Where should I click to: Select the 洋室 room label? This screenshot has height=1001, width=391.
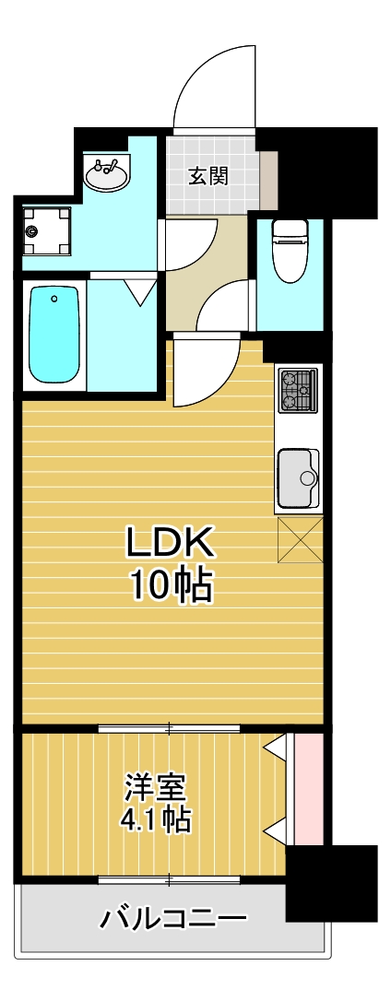pyautogui.click(x=156, y=788)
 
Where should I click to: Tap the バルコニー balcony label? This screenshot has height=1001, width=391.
pyautogui.click(x=172, y=918)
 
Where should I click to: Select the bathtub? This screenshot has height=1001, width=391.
pyautogui.click(x=54, y=334)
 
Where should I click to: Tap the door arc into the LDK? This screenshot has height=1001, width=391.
pyautogui.click(x=201, y=369)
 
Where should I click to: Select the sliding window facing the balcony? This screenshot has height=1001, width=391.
pyautogui.click(x=170, y=879)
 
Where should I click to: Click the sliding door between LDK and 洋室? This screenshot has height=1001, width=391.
pyautogui.click(x=170, y=729)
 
